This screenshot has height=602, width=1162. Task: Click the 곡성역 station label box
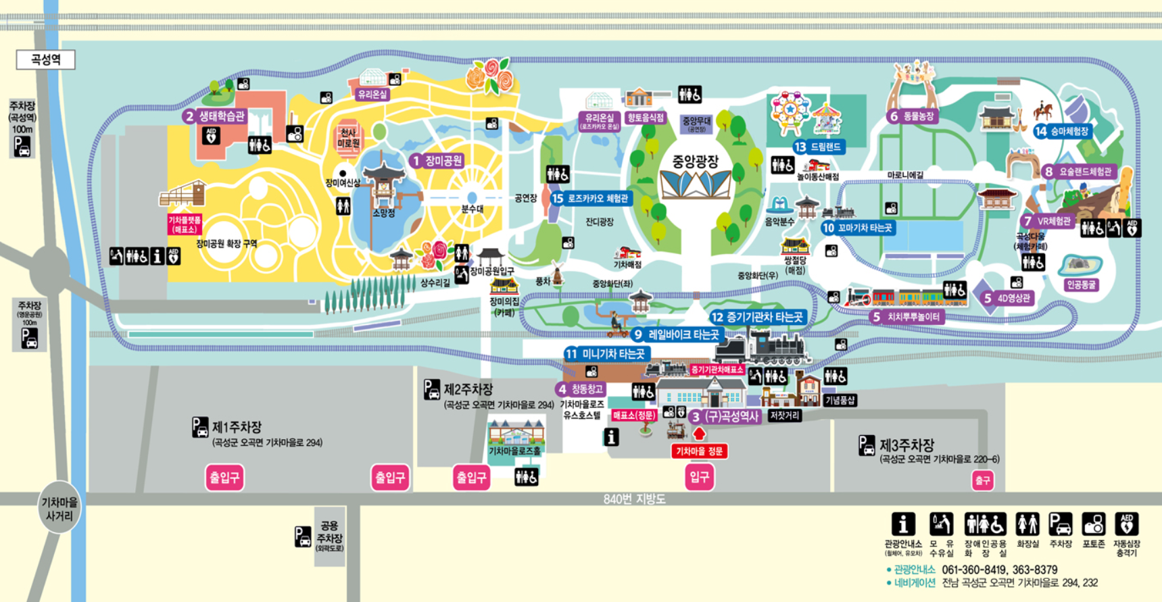pos(45,60)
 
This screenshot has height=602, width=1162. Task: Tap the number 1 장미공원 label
pos(437,161)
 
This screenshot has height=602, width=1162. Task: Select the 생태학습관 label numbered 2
pos(214,116)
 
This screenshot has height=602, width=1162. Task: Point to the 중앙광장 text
pos(695,161)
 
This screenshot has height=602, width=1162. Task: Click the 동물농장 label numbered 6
pos(912,116)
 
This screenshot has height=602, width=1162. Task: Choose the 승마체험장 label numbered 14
pos(1063,131)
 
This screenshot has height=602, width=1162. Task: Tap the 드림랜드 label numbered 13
pos(819,147)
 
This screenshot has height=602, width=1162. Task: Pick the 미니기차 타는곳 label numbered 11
pos(607,353)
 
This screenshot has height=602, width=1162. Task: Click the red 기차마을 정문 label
pos(700,451)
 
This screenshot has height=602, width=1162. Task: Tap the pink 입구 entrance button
pos(699,478)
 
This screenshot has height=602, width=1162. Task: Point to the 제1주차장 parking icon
pos(200,428)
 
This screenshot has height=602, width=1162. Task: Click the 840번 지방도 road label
pos(634,499)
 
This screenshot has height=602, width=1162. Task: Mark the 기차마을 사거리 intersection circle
pos(59,508)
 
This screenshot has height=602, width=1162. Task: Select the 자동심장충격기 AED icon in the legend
pos(1126,524)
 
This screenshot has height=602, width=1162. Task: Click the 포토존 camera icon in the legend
pos(1093,524)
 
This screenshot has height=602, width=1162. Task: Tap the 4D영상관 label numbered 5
pos(1007,298)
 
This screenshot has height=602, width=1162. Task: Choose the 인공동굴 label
pos(1081,285)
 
